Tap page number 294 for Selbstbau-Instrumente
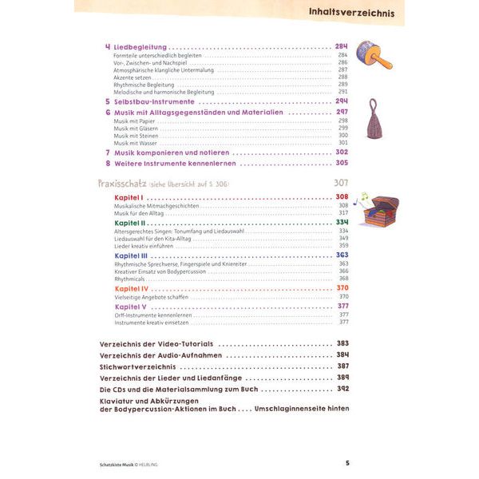click(x=342, y=102)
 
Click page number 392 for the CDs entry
click(x=343, y=389)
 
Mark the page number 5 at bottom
click(x=347, y=463)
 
